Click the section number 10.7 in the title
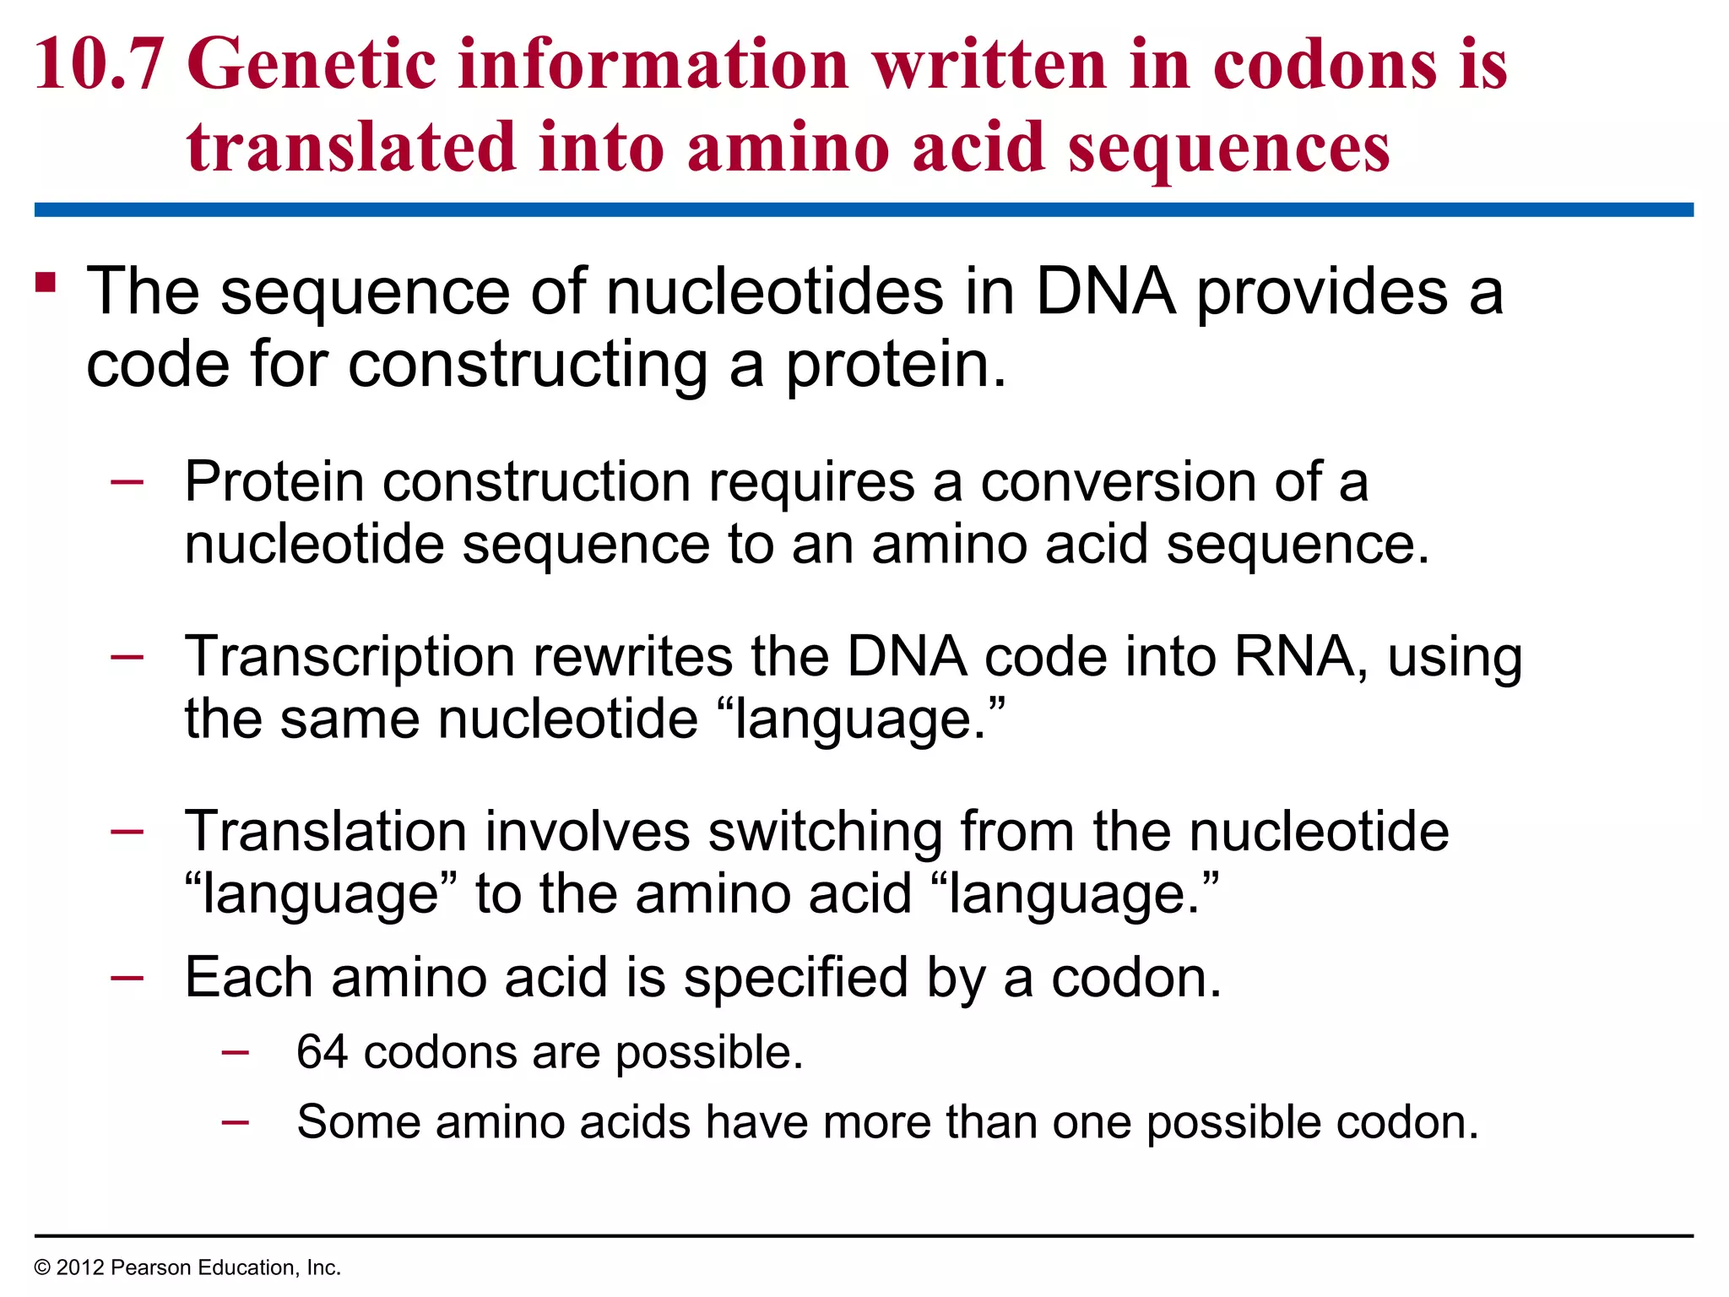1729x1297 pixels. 98,64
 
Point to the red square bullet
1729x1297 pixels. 46,282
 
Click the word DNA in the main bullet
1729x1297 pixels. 1105,291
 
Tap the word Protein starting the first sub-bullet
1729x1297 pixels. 274,481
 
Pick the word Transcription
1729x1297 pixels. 350,657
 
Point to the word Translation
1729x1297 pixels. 326,832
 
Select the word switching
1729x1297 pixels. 825,832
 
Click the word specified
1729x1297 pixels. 795,978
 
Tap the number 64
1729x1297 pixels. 322,1052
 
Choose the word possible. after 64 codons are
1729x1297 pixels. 709,1052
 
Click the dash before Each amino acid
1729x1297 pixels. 127,978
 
